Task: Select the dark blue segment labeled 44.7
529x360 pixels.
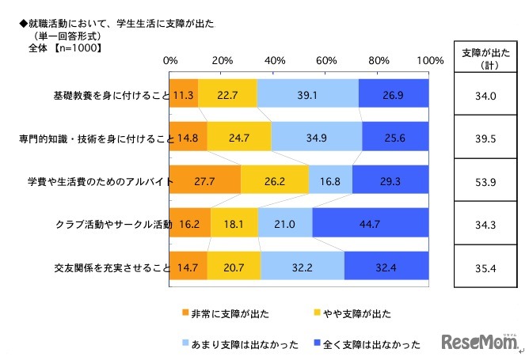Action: point(371,225)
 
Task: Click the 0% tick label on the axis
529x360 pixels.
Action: point(169,61)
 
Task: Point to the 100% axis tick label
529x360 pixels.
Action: point(429,61)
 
